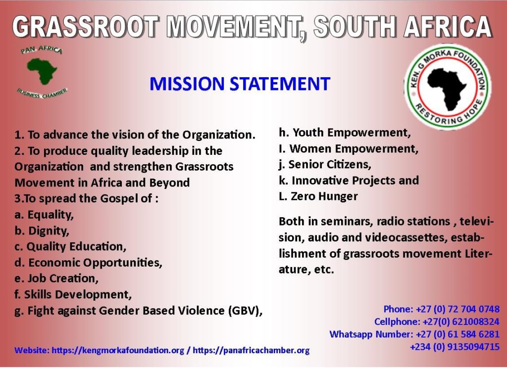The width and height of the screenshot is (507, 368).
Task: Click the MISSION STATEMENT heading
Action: [240, 84]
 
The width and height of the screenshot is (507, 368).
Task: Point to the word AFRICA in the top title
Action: [448, 27]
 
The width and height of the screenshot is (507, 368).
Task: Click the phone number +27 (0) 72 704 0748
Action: [457, 309]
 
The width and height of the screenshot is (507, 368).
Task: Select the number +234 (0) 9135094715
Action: [455, 347]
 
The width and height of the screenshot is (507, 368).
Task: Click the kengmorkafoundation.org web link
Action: [118, 350]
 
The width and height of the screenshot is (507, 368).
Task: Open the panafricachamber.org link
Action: [251, 350]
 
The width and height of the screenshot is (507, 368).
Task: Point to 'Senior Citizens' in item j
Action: [329, 165]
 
